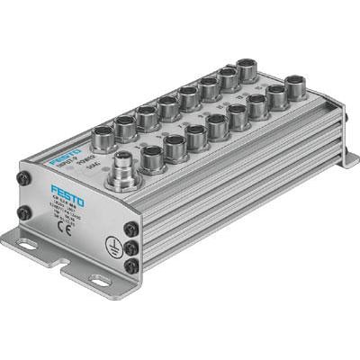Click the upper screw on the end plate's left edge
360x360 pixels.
pyautogui.click(x=19, y=177)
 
